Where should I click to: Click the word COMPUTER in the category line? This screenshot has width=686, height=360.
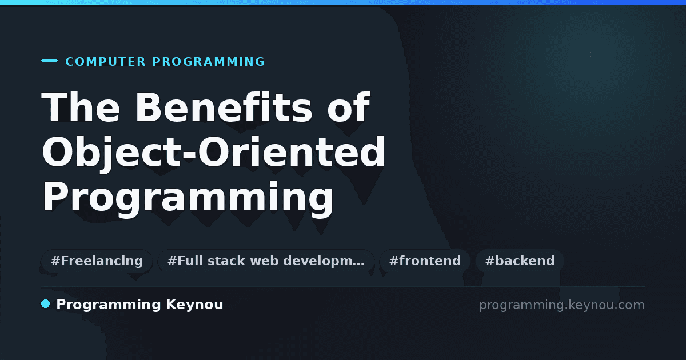105,62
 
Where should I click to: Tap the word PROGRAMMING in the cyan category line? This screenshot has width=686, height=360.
209,62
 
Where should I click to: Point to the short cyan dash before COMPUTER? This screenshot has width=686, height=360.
49,61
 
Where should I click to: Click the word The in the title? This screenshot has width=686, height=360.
81,107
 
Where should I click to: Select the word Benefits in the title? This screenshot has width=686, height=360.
224,107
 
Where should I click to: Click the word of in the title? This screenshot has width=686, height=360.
349,107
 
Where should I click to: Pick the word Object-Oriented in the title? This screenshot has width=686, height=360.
213,152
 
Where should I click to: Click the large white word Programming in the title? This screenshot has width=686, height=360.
188,197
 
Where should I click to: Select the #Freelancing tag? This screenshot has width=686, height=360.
97,261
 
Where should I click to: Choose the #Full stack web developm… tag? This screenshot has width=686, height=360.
266,261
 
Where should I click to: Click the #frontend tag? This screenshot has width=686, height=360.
425,261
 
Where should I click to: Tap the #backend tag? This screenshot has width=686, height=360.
520,261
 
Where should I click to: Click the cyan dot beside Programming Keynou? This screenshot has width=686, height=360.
46,304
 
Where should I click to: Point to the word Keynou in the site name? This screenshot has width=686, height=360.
195,305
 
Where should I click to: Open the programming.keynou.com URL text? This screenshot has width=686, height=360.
562,306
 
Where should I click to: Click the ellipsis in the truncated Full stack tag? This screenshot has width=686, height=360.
358,265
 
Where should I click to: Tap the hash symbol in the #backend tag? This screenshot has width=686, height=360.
490,261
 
